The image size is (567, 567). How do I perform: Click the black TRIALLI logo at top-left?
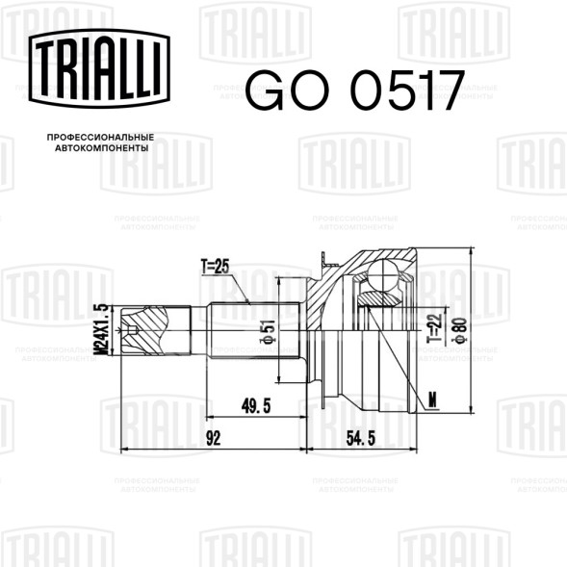[x=101, y=68]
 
